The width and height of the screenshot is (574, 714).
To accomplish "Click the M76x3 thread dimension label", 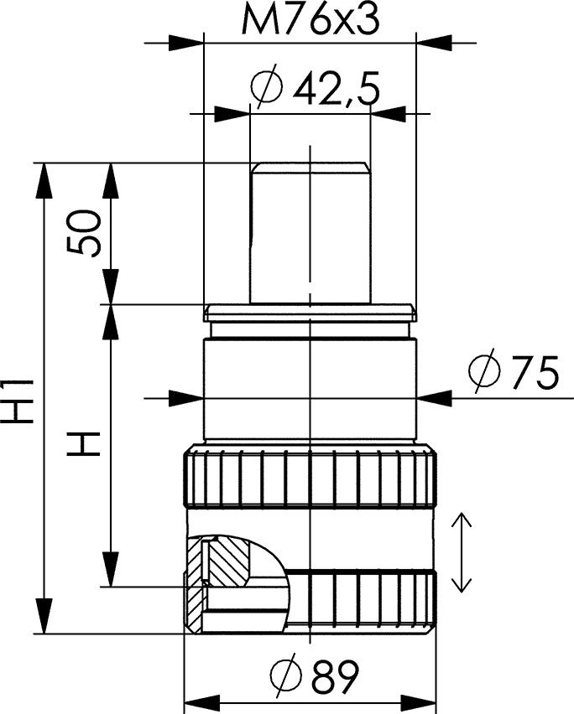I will [x=310, y=20].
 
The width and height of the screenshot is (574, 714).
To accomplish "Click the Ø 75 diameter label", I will [x=514, y=373].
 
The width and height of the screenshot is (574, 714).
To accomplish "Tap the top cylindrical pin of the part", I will [x=310, y=230].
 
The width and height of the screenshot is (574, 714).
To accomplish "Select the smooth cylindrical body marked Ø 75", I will [x=310, y=390].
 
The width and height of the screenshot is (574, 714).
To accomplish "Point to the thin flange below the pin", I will [x=310, y=313].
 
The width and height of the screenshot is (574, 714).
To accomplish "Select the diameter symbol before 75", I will [x=485, y=373].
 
